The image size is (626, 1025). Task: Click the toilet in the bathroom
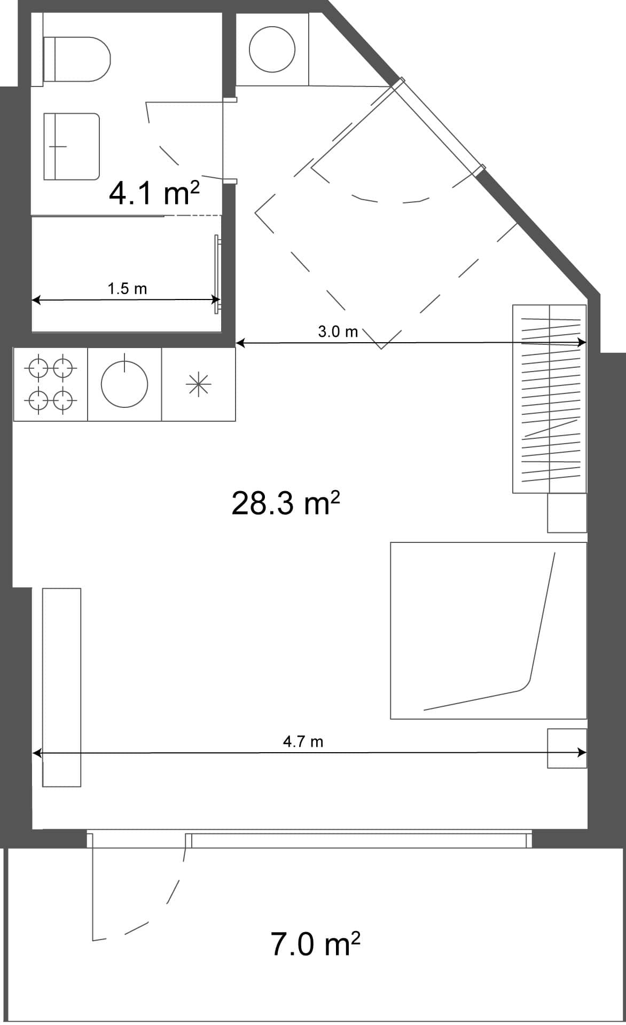77,59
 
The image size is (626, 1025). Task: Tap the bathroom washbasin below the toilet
71,146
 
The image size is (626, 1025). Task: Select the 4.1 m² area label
154,193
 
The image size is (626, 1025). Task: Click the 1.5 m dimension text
127,289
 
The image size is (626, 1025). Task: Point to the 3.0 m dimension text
338,332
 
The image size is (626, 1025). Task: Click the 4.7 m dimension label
303,742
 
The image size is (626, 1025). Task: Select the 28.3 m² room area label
285,503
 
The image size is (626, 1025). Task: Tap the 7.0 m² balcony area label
315,943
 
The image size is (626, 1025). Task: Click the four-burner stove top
50,384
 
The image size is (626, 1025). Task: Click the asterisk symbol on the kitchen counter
198,384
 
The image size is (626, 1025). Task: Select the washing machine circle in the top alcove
272,50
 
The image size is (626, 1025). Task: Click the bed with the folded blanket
488,630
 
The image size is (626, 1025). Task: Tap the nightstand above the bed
567,512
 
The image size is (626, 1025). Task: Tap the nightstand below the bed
567,748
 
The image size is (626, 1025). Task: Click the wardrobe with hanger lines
550,399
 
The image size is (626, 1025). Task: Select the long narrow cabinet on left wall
61,687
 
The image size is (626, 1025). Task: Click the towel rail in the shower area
217,274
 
